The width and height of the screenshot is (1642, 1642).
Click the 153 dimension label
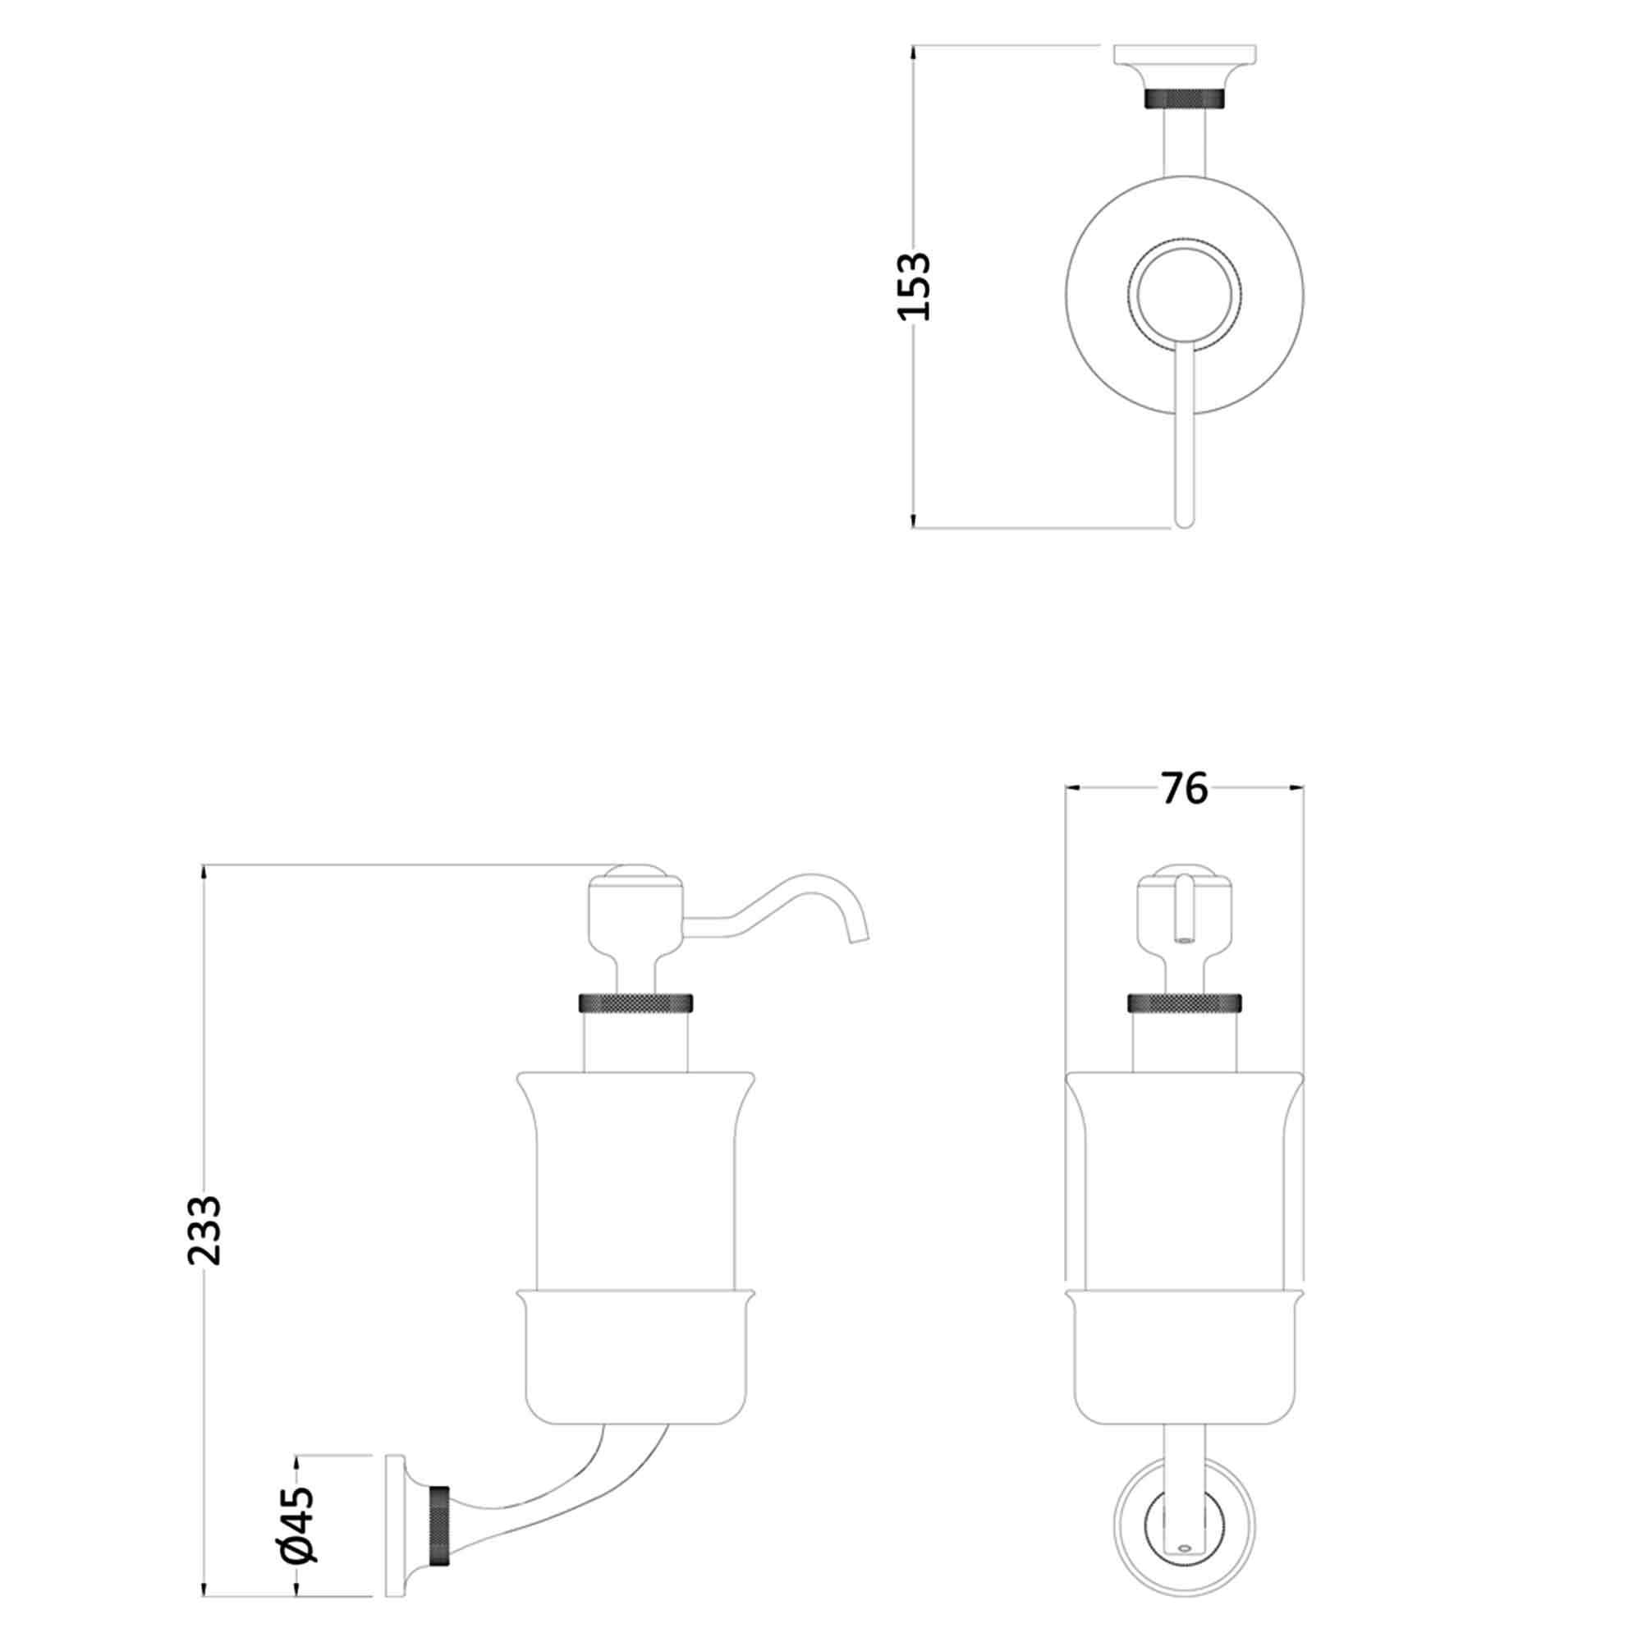click(915, 287)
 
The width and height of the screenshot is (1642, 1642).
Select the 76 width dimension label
click(1184, 790)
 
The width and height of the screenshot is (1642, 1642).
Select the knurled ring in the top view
click(1185, 99)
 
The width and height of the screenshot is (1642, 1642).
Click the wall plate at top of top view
click(1185, 54)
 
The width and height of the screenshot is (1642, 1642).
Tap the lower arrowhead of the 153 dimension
click(914, 521)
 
